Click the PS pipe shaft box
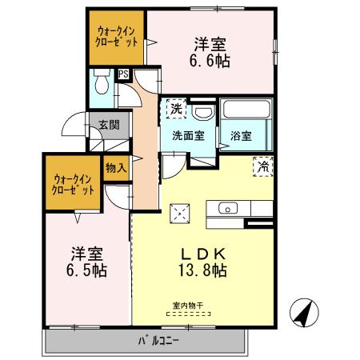(x=123, y=74)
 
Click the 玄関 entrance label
(x=110, y=125)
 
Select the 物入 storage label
(x=115, y=167)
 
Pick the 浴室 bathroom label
(x=242, y=135)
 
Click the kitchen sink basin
(x=227, y=210)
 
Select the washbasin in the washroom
(x=202, y=111)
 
